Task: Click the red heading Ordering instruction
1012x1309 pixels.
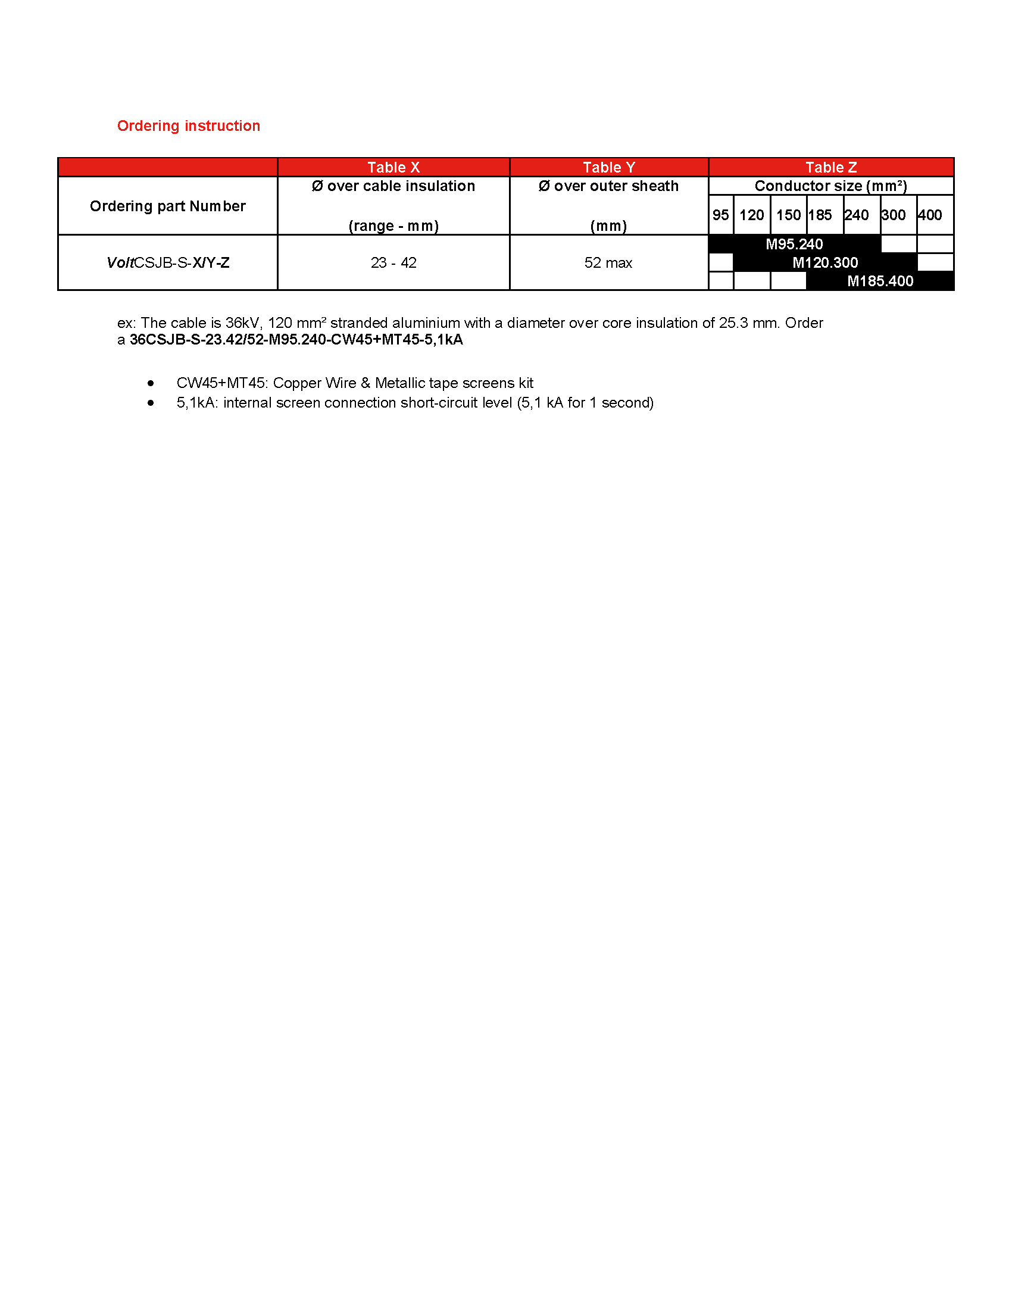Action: tap(188, 126)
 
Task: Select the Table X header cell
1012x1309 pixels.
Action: tap(393, 167)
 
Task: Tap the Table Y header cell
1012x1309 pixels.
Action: tap(608, 167)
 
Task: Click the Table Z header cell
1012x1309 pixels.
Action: tap(831, 167)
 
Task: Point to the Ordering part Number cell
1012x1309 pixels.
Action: tap(168, 206)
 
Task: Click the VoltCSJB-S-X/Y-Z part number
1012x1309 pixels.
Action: tap(168, 262)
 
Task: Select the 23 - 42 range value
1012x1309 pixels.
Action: tap(393, 262)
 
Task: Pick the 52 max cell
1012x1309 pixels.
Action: tap(608, 262)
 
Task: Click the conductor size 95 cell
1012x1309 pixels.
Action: tap(721, 215)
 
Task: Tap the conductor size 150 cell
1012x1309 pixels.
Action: tap(788, 215)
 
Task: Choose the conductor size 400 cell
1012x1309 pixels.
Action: tap(930, 215)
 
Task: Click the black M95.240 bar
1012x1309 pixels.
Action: tap(794, 244)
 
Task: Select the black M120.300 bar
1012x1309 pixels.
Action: tap(825, 262)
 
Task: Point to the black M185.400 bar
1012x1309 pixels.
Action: tap(879, 281)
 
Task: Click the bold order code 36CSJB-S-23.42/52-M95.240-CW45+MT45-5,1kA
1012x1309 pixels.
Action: tap(296, 340)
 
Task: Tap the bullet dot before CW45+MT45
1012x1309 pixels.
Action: tap(151, 383)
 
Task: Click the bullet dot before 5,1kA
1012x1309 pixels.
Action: tap(151, 403)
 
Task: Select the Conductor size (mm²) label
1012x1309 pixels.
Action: tap(830, 186)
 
